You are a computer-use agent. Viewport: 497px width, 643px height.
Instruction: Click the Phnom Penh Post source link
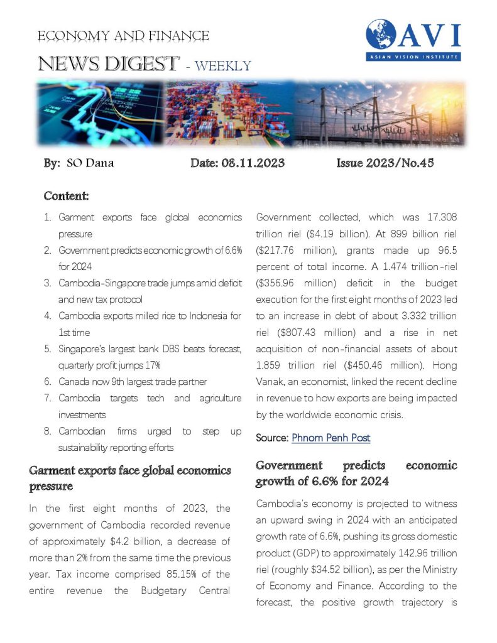(331, 438)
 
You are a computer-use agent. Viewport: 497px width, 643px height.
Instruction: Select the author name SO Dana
(90, 164)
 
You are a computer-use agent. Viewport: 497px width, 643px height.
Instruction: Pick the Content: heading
(66, 196)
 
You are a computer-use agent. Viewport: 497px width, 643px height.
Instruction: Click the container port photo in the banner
(229, 113)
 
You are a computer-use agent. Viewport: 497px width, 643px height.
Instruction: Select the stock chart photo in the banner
(101, 113)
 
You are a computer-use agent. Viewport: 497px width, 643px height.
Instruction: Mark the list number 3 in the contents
(48, 283)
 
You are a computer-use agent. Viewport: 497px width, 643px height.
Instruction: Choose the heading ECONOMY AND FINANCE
(123, 36)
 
